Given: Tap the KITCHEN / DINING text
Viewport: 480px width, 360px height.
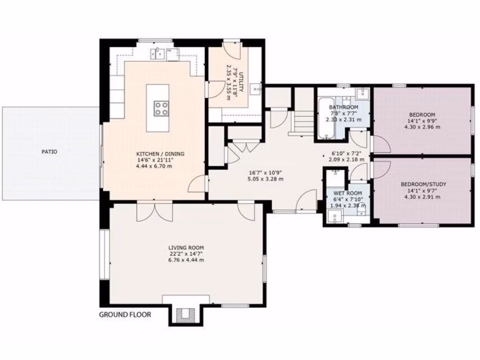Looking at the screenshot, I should pyautogui.click(x=160, y=154).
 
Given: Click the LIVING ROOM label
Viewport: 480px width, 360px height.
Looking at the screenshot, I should pyautogui.click(x=186, y=247).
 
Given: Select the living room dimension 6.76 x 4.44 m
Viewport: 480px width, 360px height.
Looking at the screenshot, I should pyautogui.click(x=186, y=260).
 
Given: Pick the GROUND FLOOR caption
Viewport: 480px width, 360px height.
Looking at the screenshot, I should pyautogui.click(x=125, y=315).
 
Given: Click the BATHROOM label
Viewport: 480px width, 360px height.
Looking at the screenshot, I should pyautogui.click(x=344, y=107).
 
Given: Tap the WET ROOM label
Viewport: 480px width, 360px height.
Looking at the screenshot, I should pyautogui.click(x=347, y=193).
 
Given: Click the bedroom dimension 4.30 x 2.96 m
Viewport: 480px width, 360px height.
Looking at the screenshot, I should pyautogui.click(x=422, y=127).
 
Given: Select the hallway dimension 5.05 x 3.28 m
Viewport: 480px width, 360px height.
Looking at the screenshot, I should pyautogui.click(x=265, y=178).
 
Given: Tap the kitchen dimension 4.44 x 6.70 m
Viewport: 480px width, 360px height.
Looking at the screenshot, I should pyautogui.click(x=160, y=166).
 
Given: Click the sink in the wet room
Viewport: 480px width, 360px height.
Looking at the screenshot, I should pyautogui.click(x=335, y=216).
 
